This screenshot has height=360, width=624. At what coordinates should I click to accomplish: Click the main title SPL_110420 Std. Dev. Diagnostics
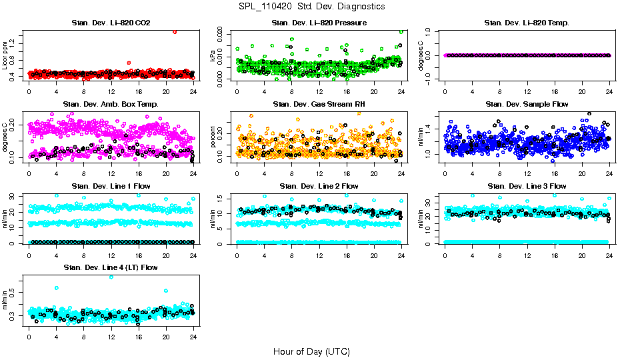[311, 6]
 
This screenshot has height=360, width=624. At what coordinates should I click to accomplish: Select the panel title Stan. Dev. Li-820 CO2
[111, 23]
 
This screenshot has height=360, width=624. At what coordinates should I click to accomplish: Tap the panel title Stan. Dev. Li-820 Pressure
[319, 23]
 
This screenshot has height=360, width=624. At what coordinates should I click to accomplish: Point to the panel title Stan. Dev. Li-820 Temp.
[527, 23]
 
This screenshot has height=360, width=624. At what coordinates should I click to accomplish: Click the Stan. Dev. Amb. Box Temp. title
[111, 105]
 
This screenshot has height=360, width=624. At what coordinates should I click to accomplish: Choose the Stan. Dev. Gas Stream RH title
[319, 105]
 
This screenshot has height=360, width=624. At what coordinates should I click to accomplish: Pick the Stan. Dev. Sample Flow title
[527, 105]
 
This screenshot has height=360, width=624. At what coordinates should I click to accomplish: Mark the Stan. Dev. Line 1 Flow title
[111, 186]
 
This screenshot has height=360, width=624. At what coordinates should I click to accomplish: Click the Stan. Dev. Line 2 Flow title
[319, 186]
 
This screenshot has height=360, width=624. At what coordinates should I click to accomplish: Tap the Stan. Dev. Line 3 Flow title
[527, 186]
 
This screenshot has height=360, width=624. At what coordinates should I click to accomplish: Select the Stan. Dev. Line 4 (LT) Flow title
[111, 267]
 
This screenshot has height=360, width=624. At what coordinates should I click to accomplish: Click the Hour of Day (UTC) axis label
[311, 351]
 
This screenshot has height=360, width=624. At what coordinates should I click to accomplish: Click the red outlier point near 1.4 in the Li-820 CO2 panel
[175, 31]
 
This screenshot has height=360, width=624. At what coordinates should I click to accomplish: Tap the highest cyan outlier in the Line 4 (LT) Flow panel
[111, 277]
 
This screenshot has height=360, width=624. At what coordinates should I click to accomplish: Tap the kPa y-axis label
[213, 56]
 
